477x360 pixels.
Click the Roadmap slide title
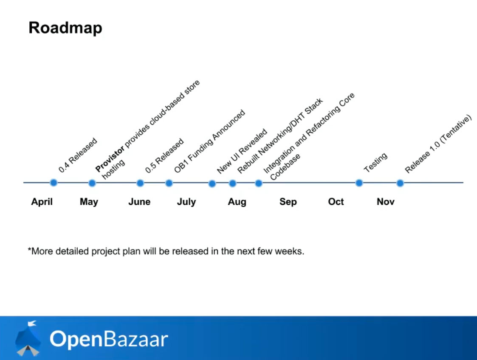point(65,28)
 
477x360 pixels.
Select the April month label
point(42,202)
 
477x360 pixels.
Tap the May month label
point(89,202)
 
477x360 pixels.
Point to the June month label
point(139,202)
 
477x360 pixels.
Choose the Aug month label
point(237,202)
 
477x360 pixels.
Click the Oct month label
point(336,202)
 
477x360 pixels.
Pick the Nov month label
point(385,202)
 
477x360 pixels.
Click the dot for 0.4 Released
point(54,183)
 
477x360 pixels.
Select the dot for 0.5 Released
point(140,183)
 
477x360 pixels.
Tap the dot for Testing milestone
point(359,183)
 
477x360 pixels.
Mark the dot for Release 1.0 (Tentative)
point(400,183)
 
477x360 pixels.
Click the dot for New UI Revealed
point(212,184)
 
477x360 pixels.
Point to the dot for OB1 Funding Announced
point(169,183)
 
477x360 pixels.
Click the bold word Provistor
point(110,159)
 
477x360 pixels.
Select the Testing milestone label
point(376,162)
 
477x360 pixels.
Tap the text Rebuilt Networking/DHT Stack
point(280,136)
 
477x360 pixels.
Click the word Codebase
point(285,167)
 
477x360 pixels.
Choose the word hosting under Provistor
point(113,169)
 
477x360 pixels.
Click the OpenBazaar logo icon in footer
point(28,338)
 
